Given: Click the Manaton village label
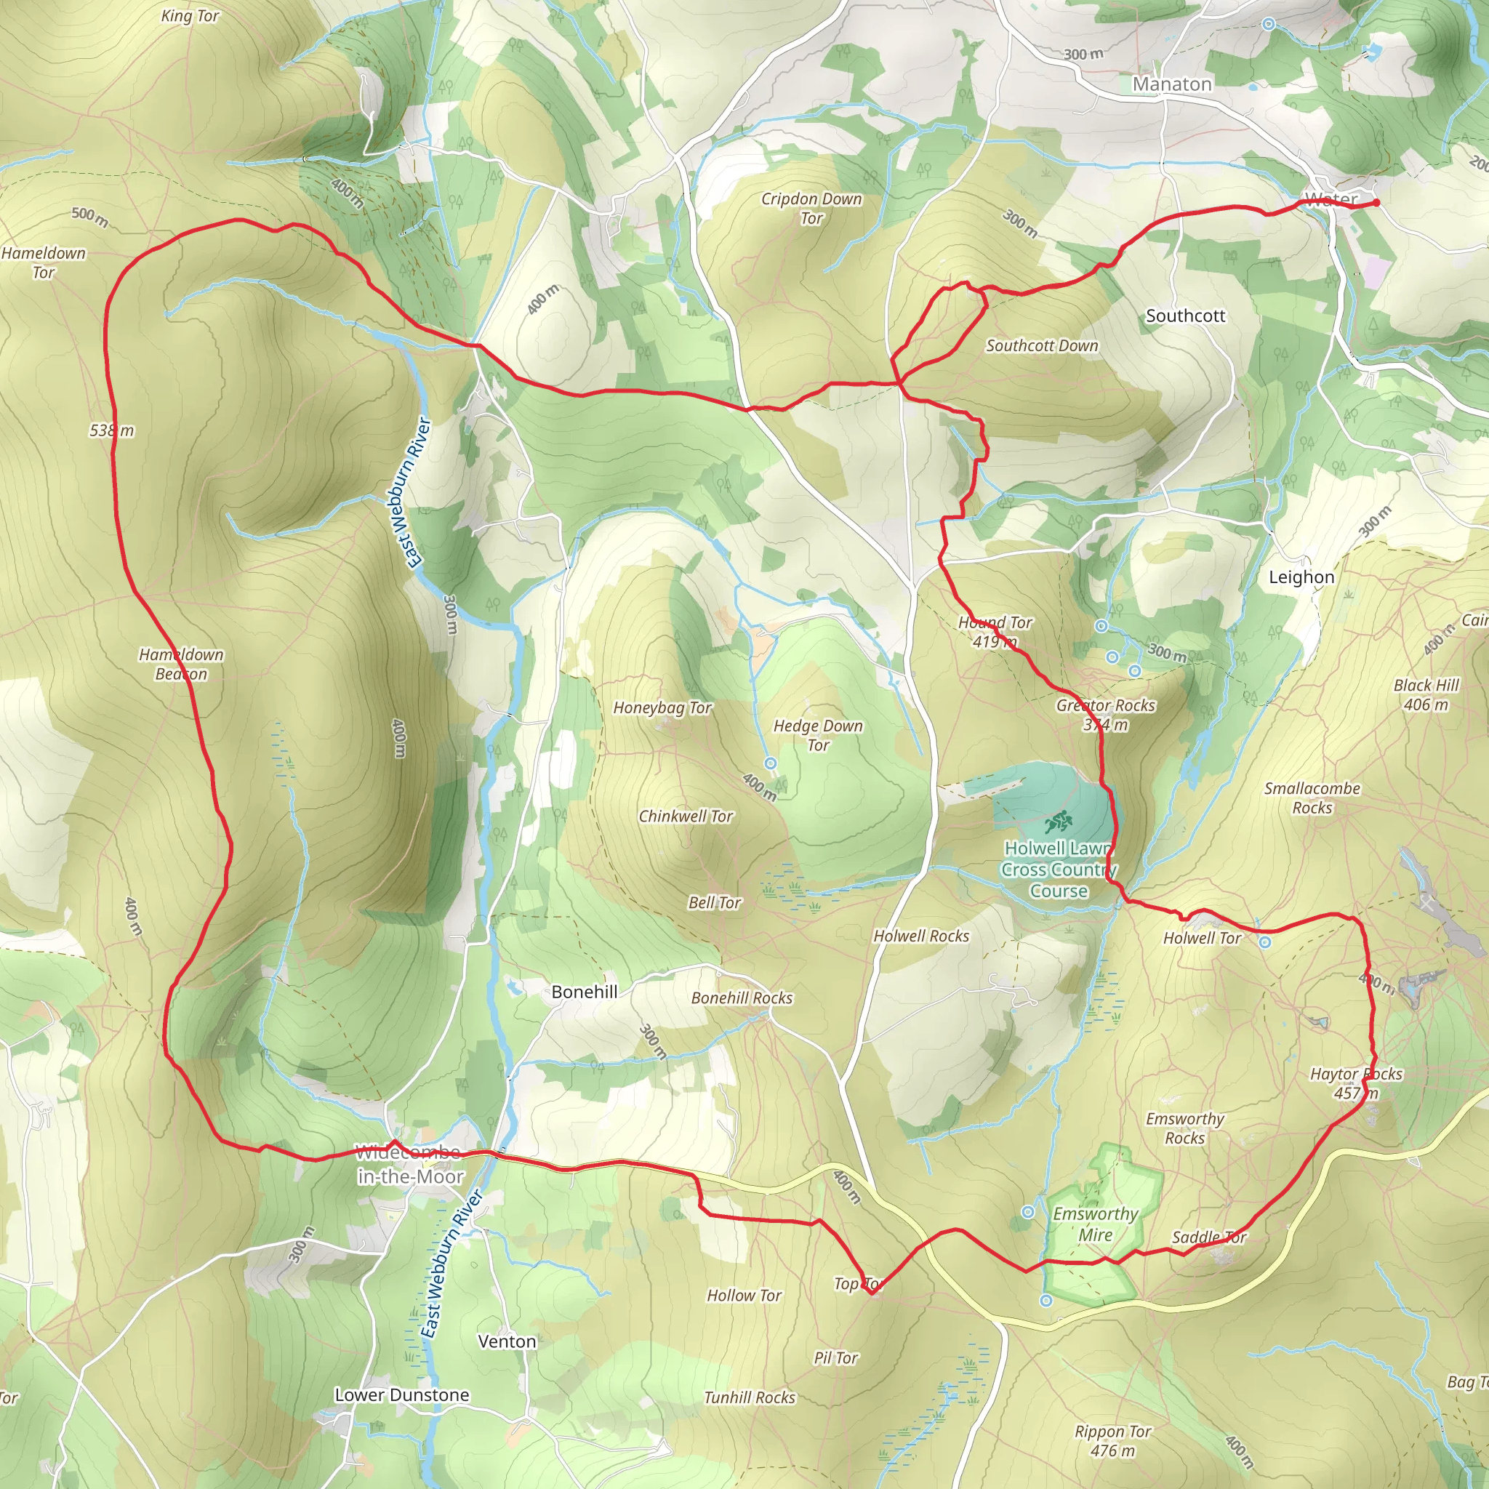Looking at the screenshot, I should click(x=1171, y=84).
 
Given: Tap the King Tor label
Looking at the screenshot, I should click(x=190, y=16).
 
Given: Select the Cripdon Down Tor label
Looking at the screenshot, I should click(x=811, y=208).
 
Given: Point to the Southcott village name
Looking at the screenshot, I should click(x=1184, y=316).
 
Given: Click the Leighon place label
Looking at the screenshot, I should click(x=1301, y=577).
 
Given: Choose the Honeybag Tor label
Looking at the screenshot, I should click(x=662, y=707).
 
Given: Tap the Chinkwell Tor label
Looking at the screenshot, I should click(x=685, y=816).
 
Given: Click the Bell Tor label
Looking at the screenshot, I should click(x=715, y=902).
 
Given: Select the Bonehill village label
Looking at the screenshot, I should click(x=585, y=992).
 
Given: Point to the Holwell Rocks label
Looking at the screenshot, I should click(x=921, y=936).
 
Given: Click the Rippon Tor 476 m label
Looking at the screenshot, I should click(x=1113, y=1440).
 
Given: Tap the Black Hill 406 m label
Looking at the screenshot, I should click(x=1426, y=694).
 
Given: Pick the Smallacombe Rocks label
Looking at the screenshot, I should click(x=1312, y=798).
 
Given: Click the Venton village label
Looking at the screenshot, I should click(x=506, y=1341).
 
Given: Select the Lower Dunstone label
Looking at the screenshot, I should click(x=401, y=1395).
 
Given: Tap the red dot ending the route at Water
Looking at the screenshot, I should click(x=1376, y=202).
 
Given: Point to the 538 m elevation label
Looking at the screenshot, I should click(x=112, y=431).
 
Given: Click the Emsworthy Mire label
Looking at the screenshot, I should click(x=1095, y=1224).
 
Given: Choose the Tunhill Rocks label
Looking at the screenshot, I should click(x=749, y=1397).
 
